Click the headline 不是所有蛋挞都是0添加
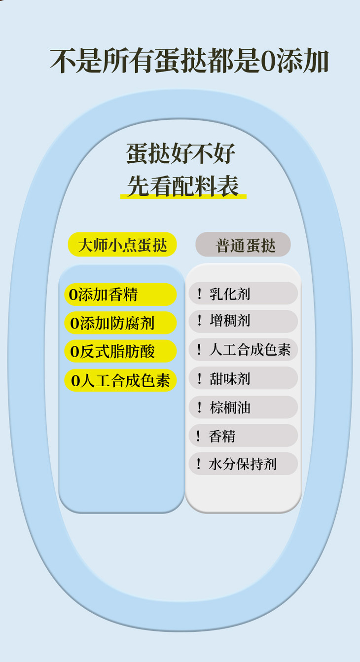189,61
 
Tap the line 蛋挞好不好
180,154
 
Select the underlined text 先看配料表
183,186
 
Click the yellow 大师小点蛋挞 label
122,245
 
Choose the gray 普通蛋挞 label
243,245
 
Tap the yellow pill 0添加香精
120,294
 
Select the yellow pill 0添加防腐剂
120,323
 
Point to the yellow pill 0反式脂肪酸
120,351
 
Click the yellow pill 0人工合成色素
120,380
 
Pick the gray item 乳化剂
243,294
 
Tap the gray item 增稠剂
243,321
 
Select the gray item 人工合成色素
243,350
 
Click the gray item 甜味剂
243,378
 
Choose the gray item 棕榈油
243,407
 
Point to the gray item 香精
243,436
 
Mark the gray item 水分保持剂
243,464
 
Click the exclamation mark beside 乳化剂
199,294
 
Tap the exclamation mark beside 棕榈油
199,407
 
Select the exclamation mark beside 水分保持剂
199,464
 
